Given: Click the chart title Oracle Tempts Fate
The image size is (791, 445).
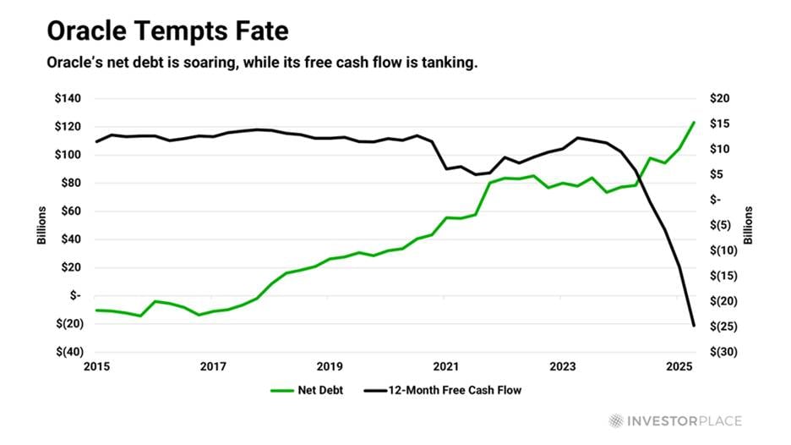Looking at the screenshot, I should pyautogui.click(x=166, y=32).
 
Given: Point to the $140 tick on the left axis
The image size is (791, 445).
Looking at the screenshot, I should pyautogui.click(x=69, y=99).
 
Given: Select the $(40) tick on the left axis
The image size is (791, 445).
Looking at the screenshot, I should pyautogui.click(x=68, y=352).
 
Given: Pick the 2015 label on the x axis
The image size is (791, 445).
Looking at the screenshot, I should pyautogui.click(x=97, y=366).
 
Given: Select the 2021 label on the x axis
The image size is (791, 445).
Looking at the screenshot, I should pyautogui.click(x=446, y=366).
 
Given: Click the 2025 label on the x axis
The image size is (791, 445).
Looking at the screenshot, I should pyautogui.click(x=679, y=366).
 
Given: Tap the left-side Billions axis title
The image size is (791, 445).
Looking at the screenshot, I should pyautogui.click(x=41, y=225).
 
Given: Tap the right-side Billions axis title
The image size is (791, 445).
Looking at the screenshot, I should pyautogui.click(x=747, y=225).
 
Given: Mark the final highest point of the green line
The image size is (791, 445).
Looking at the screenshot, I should pyautogui.click(x=694, y=122).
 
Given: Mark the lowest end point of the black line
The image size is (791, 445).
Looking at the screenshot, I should pyautogui.click(x=694, y=326).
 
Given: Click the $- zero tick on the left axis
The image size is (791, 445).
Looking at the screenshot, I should pyautogui.click(x=75, y=295).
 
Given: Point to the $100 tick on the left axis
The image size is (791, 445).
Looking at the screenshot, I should pyautogui.click(x=69, y=155).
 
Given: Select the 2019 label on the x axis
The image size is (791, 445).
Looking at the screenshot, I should pyautogui.click(x=330, y=366).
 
